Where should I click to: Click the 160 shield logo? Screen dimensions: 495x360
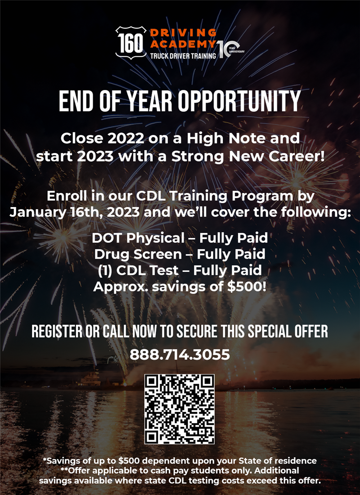click(x=131, y=42)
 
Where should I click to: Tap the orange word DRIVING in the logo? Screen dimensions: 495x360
click(x=183, y=33)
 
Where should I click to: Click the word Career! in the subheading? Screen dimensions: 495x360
click(x=292, y=158)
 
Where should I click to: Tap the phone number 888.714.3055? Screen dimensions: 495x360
click(x=180, y=355)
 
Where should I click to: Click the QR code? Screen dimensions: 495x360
click(x=180, y=409)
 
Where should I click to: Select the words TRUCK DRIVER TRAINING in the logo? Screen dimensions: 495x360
click(x=183, y=56)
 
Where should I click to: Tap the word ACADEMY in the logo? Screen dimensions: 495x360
click(x=183, y=44)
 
